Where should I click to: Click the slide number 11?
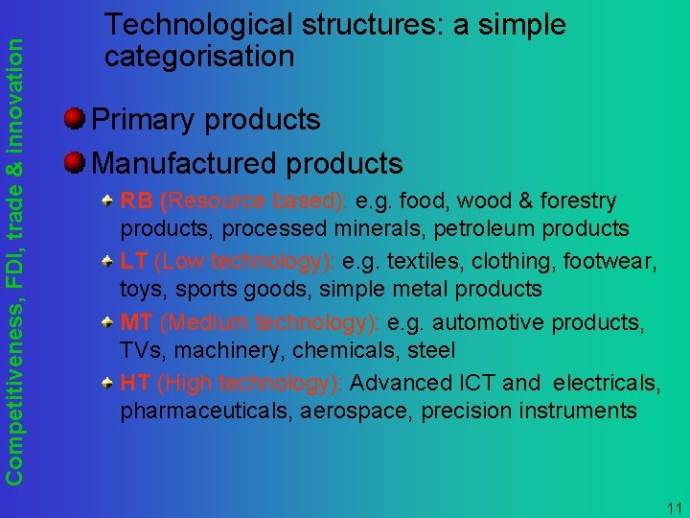point(673,507)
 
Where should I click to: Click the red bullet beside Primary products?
point(75,120)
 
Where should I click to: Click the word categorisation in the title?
point(199,56)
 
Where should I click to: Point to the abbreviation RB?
point(136,201)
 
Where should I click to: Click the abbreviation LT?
point(133,262)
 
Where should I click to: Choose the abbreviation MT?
point(135,322)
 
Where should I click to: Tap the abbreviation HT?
point(134,383)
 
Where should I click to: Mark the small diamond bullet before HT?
point(110,381)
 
